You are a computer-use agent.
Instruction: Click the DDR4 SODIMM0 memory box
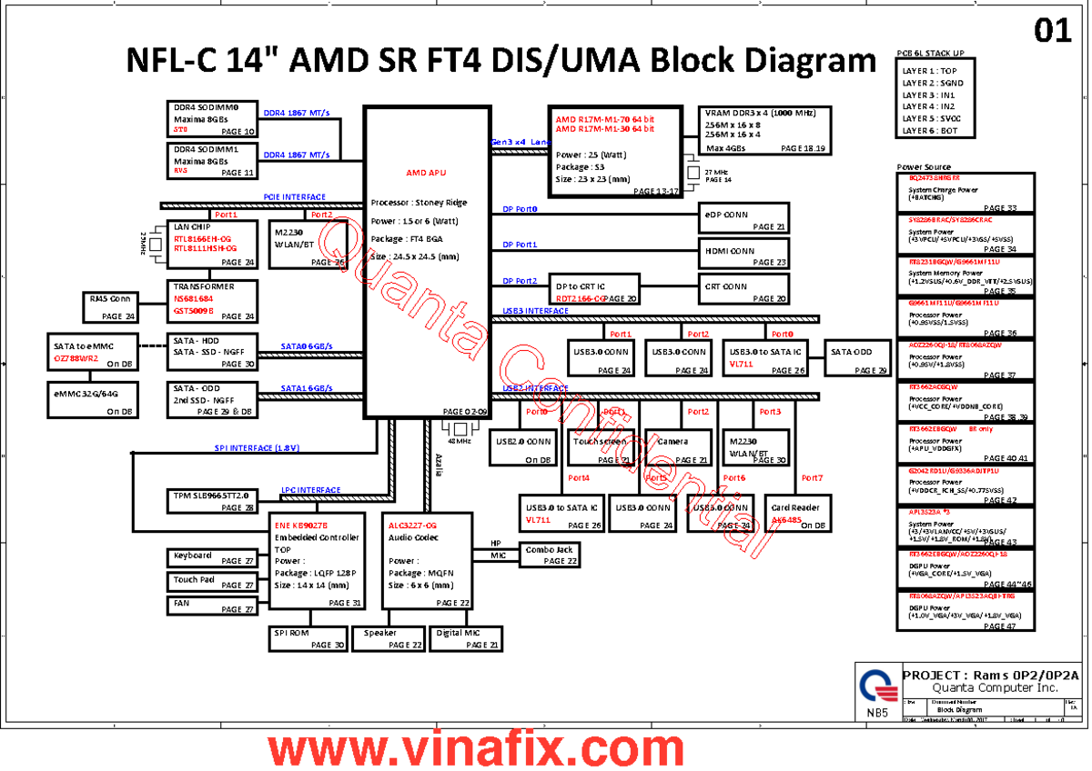pos(212,119)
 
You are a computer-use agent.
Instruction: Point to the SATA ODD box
pos(856,358)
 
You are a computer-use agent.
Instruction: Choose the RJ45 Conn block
pos(110,307)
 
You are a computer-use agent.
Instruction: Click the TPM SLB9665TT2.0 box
pos(212,501)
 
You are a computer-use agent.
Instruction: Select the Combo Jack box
pos(550,554)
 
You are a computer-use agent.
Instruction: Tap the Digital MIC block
pos(466,638)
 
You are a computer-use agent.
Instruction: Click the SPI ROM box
pos(308,638)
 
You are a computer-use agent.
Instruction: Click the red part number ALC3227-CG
pos(413,526)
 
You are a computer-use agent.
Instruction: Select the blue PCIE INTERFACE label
pos(295,197)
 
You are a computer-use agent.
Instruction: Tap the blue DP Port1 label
pos(520,245)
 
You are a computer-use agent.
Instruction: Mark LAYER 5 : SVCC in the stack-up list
pos(933,118)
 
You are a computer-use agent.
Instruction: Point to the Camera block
pos(678,447)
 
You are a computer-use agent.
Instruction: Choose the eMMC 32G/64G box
pos(93,401)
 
